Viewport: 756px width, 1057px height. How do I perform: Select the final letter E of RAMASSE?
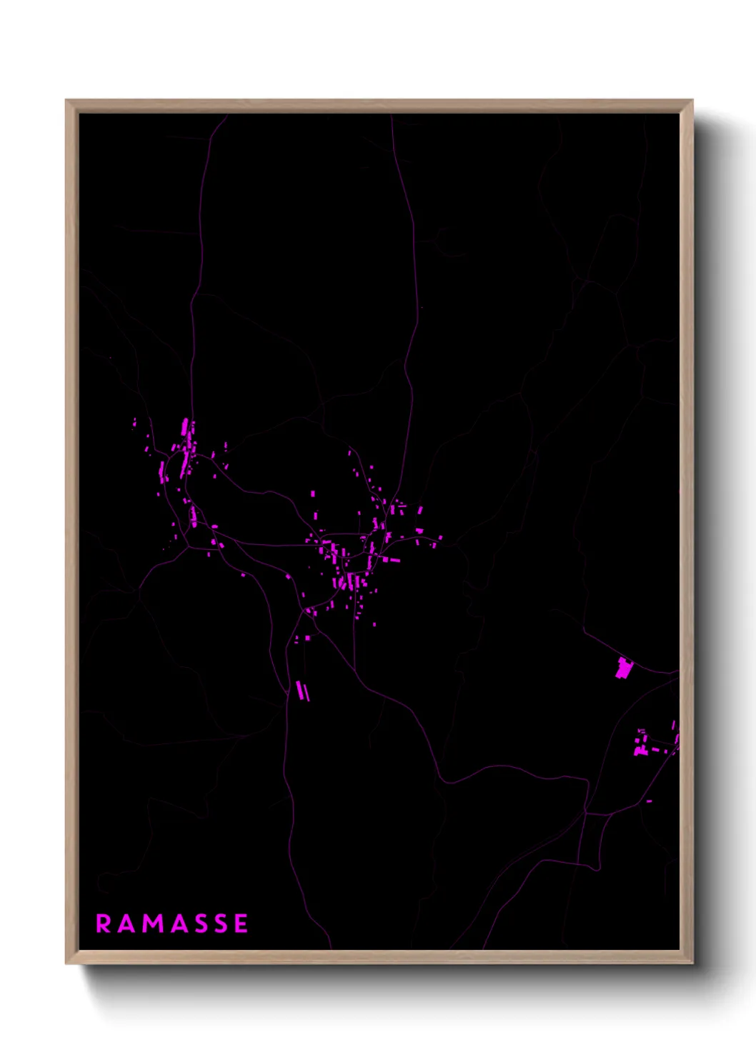click(241, 923)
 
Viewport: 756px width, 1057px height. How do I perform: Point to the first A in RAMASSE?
click(126, 923)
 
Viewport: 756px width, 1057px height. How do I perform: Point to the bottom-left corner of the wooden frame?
click(67, 962)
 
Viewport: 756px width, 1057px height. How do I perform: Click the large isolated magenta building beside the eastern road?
click(624, 668)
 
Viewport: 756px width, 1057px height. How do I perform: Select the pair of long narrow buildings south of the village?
click(303, 691)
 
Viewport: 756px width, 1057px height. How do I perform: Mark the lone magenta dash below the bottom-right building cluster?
click(649, 801)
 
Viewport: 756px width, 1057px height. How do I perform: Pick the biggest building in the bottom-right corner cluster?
click(640, 750)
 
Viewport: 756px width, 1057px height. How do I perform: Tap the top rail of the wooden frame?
click(379, 106)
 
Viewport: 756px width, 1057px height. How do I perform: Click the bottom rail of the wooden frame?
click(379, 956)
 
